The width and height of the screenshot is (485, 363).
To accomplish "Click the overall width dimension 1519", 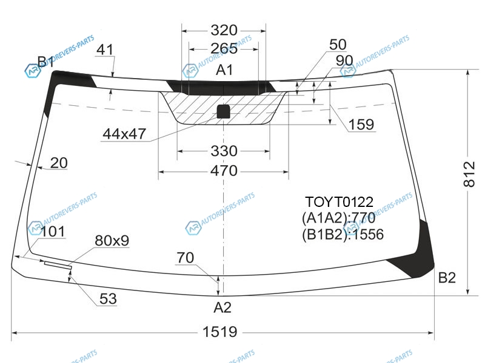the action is tap(220, 332).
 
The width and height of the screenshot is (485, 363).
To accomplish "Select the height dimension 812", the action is tap(469, 174).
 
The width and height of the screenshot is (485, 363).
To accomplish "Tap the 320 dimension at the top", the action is tap(224, 30).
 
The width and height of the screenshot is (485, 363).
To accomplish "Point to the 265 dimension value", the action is tap(224, 48).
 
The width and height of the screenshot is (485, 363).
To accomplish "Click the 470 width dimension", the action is tap(224, 171).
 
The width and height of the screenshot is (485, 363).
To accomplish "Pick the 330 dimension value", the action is tap(224, 151).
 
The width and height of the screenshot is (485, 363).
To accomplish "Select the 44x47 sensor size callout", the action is tap(124, 134).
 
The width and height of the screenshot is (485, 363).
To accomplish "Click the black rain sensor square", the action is tap(223, 112).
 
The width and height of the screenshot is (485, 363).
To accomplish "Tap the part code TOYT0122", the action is tap(339, 202).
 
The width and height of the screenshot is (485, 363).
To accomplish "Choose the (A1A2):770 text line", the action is tap(339, 218).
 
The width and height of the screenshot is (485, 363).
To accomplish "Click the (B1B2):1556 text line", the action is tap(343, 235).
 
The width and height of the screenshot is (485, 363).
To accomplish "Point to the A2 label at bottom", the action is tap(222, 307).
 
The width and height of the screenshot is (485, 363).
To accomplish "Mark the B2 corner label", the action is tap(447, 278).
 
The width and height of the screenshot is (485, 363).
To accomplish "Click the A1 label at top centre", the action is tap(224, 70).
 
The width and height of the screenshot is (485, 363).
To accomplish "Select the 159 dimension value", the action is tap(361, 125).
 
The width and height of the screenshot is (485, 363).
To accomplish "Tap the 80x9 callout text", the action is tap(112, 240).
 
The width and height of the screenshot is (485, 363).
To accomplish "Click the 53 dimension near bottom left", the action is tap(108, 298).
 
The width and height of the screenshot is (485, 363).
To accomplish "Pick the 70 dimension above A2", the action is tap(186, 258).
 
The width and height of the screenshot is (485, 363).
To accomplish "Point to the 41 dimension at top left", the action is tap(105, 50).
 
